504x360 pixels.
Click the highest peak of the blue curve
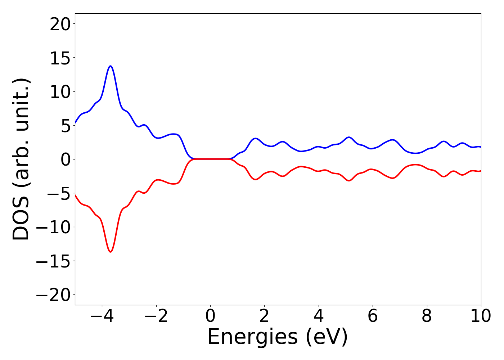tap(111, 66)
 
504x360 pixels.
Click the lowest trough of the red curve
tap(111, 252)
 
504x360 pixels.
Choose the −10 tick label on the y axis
tap(54, 227)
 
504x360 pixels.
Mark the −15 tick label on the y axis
tap(54, 261)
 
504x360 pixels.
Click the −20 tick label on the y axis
tap(54, 295)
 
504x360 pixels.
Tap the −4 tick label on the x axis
tap(102, 316)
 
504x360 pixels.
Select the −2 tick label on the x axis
tap(156, 316)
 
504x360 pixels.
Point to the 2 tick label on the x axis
tap(265, 316)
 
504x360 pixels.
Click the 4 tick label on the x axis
tap(319, 316)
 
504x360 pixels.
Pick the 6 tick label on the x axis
tap(373, 316)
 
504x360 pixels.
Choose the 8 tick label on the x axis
tap(427, 316)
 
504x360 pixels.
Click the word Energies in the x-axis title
tap(253, 337)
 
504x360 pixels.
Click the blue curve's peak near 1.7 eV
tap(256, 138)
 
